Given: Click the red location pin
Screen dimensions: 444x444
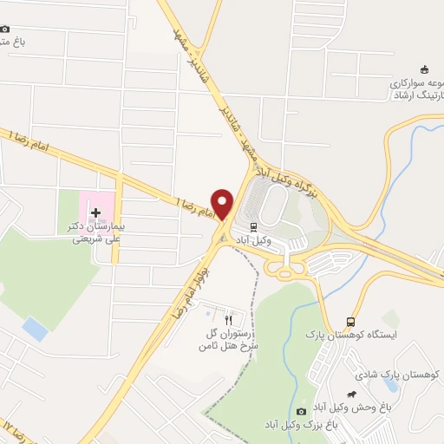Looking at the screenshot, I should tap(223, 203).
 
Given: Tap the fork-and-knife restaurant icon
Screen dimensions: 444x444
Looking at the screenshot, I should tap(228, 319).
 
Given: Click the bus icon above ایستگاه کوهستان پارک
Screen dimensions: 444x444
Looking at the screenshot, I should tap(350, 320).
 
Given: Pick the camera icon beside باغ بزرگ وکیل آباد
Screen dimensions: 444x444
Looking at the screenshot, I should tap(301, 411).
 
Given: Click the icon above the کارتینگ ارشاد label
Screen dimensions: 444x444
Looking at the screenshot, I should tap(424, 70).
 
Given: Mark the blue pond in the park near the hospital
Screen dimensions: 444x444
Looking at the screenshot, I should tap(36, 329).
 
